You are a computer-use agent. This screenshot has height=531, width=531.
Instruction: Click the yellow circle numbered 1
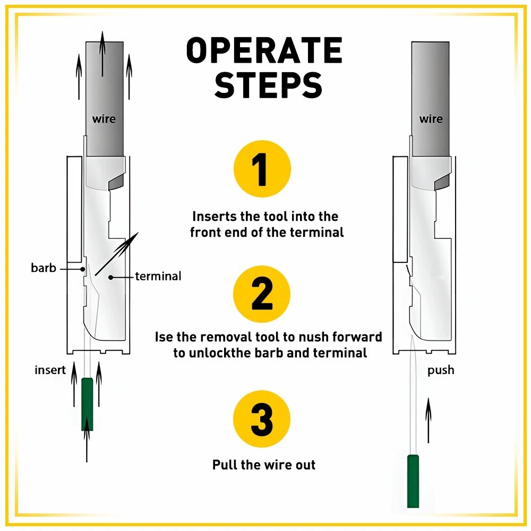pyautogui.click(x=262, y=168)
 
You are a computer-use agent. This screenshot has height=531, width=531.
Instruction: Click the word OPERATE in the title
pyautogui.click(x=264, y=52)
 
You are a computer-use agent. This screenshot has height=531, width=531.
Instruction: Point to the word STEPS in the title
pyautogui.click(x=268, y=85)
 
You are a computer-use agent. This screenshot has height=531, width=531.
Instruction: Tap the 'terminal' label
pyautogui.click(x=158, y=276)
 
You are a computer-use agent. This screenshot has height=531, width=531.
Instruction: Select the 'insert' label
pyautogui.click(x=50, y=370)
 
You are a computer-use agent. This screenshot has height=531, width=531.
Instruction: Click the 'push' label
pyautogui.click(x=441, y=370)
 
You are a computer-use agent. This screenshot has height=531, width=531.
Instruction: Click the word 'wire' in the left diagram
pyautogui.click(x=104, y=119)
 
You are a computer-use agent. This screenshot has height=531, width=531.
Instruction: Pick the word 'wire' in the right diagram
pyautogui.click(x=431, y=119)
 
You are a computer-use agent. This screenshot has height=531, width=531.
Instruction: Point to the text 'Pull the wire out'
pyautogui.click(x=264, y=465)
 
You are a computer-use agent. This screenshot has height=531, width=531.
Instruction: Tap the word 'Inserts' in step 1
pyautogui.click(x=213, y=217)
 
